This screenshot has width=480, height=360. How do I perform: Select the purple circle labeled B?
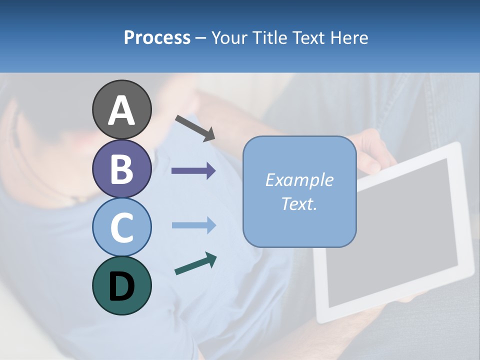pos(122,168)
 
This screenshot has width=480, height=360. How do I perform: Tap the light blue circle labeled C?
pos(122,227)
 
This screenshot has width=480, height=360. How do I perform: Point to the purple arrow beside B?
pos(193,171)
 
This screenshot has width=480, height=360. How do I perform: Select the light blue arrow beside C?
pos(193,225)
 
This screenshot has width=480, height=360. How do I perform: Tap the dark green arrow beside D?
pos(195,264)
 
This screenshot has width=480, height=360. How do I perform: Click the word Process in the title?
pos(157,38)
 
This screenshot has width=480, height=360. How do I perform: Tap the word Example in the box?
pos(299,180)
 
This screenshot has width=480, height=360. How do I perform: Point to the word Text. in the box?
pos(299,203)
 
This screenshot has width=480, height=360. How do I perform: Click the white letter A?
pos(122,110)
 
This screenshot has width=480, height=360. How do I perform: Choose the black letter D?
pos(122,286)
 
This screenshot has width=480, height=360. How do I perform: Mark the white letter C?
pos(122,228)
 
